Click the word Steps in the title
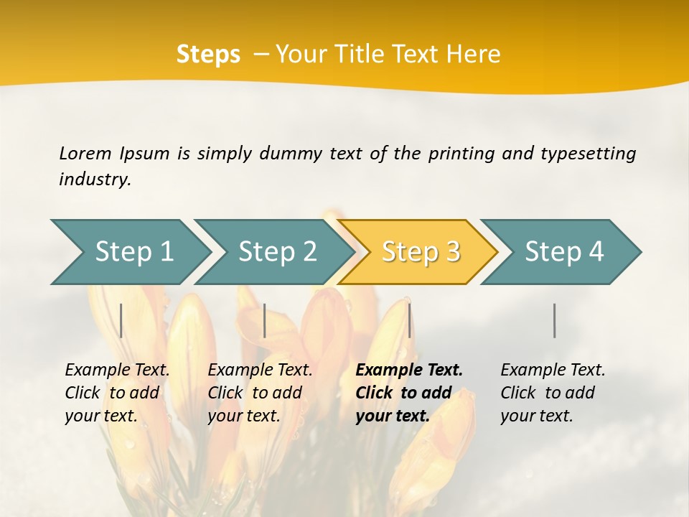click(208, 55)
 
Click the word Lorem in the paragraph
click(85, 153)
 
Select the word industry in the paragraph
click(95, 180)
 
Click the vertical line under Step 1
click(121, 320)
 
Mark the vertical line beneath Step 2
click(265, 320)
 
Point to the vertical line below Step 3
click(409, 320)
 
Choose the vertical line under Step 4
click(554, 320)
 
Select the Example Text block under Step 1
click(117, 393)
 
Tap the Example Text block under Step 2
click(260, 393)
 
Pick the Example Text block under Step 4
click(553, 393)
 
